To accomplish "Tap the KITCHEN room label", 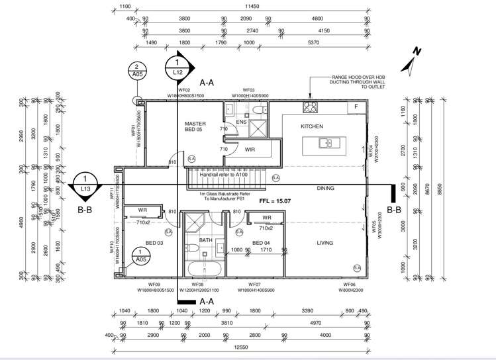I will [x=311, y=126].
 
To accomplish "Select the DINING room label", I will [x=325, y=188].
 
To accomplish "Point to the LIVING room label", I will [x=324, y=243].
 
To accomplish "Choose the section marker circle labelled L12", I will [x=177, y=67].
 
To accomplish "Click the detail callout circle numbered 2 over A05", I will [x=137, y=71].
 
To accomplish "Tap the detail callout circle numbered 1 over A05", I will [x=142, y=255].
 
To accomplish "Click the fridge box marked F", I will [x=356, y=107].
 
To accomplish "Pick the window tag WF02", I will [x=185, y=90].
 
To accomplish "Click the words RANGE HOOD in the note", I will [x=344, y=77].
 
